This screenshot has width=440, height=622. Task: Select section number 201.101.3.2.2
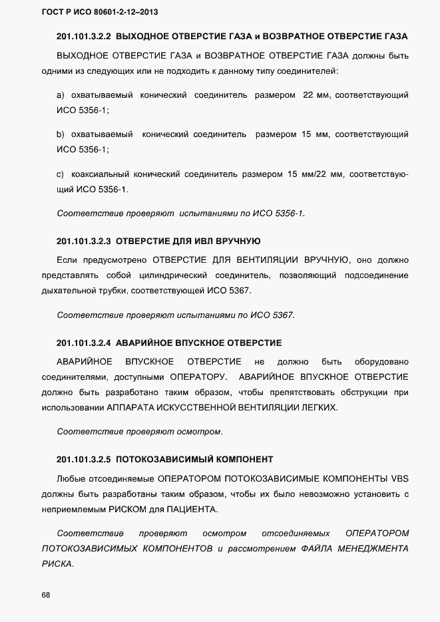tap(84, 36)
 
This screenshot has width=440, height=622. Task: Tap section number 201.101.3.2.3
tap(84, 241)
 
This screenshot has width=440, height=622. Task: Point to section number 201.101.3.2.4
tap(84, 343)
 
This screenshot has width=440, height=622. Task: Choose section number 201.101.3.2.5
tap(84, 460)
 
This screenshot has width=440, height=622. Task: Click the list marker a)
tap(61, 96)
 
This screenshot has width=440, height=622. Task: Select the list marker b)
tap(61, 134)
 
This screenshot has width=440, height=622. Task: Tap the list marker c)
tap(61, 174)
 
